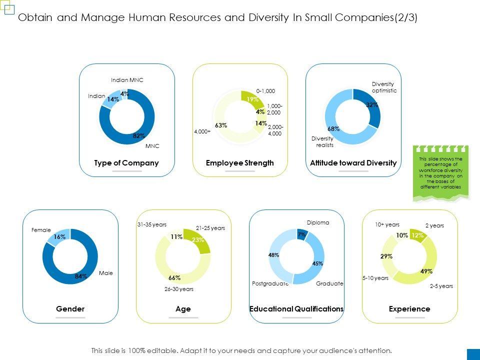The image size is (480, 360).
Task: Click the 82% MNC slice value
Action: click(139, 135)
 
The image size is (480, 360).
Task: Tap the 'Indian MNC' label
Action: click(127, 80)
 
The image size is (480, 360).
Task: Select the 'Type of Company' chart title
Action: click(126, 163)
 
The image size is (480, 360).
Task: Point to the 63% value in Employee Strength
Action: click(221, 125)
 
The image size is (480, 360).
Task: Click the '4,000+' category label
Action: click(202, 132)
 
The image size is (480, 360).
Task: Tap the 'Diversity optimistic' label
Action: click(384, 87)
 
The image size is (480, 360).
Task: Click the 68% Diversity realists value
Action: click(333, 128)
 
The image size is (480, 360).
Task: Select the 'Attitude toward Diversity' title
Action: click(353, 163)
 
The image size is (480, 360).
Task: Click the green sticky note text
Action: click(440, 173)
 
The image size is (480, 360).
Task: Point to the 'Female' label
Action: click(41, 230)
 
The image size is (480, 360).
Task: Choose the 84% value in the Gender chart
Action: click(81, 276)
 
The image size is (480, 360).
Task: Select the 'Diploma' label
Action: click(318, 222)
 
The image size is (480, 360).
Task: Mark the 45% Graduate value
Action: click(317, 263)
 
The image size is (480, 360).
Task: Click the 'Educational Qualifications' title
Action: click(296, 309)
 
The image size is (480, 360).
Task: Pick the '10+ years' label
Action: click(387, 225)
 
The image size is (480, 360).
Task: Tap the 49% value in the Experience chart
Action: click(426, 271)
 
